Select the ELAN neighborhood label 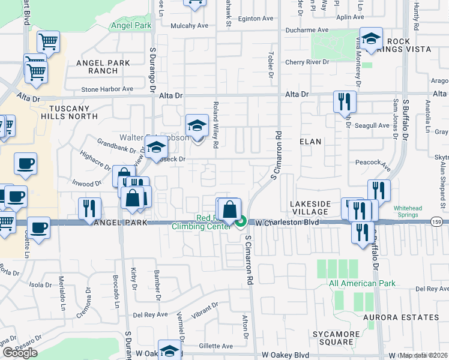coord(310,142)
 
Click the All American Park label coord(361,283)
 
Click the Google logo coord(20,352)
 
